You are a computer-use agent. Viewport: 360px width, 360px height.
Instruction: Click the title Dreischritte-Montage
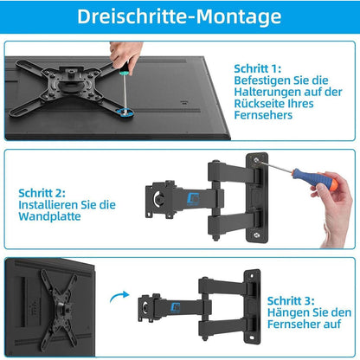pos(179,16)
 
